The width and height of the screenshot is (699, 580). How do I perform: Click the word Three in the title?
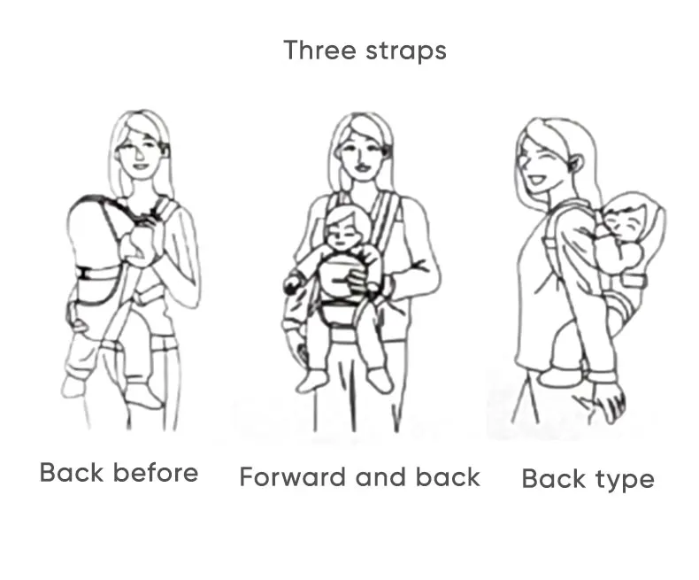(320, 50)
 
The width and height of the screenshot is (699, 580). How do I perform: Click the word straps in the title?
(406, 51)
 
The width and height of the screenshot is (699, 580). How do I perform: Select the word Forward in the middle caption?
(293, 476)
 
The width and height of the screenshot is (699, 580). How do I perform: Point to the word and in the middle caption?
(381, 476)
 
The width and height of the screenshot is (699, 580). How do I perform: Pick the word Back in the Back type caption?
(553, 479)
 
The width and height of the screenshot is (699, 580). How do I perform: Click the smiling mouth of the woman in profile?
(534, 180)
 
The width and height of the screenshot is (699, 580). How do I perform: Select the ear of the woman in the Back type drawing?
(575, 164)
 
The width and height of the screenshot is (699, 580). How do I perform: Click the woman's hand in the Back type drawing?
(609, 402)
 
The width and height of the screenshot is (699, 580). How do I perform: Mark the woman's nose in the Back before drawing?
(140, 155)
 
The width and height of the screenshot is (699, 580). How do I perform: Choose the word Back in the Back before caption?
(72, 473)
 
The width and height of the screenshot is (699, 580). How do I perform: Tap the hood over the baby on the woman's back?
(642, 214)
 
